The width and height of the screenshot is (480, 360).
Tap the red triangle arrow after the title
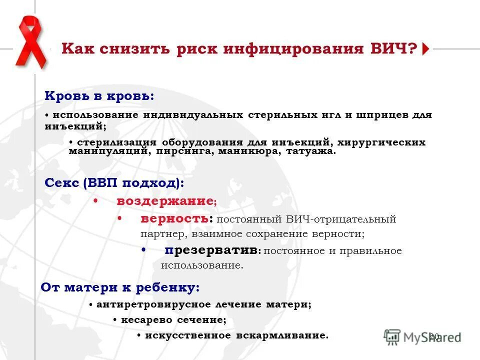pyautogui.click(x=425, y=49)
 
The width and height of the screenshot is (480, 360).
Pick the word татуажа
pyautogui.click(x=311, y=150)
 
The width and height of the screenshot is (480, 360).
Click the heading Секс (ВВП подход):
pyautogui.click(x=114, y=183)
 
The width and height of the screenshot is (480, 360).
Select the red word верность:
pyautogui.click(x=176, y=219)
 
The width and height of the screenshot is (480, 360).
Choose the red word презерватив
pyautogui.click(x=212, y=250)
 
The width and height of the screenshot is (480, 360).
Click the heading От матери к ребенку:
pyautogui.click(x=120, y=287)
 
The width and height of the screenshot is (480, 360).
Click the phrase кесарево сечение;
pyautogui.click(x=173, y=319)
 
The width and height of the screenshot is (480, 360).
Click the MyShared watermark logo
pyautogui.click(x=422, y=336)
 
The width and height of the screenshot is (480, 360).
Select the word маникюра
pyautogui.click(x=249, y=150)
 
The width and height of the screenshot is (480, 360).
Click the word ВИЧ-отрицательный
pyautogui.click(x=341, y=219)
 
